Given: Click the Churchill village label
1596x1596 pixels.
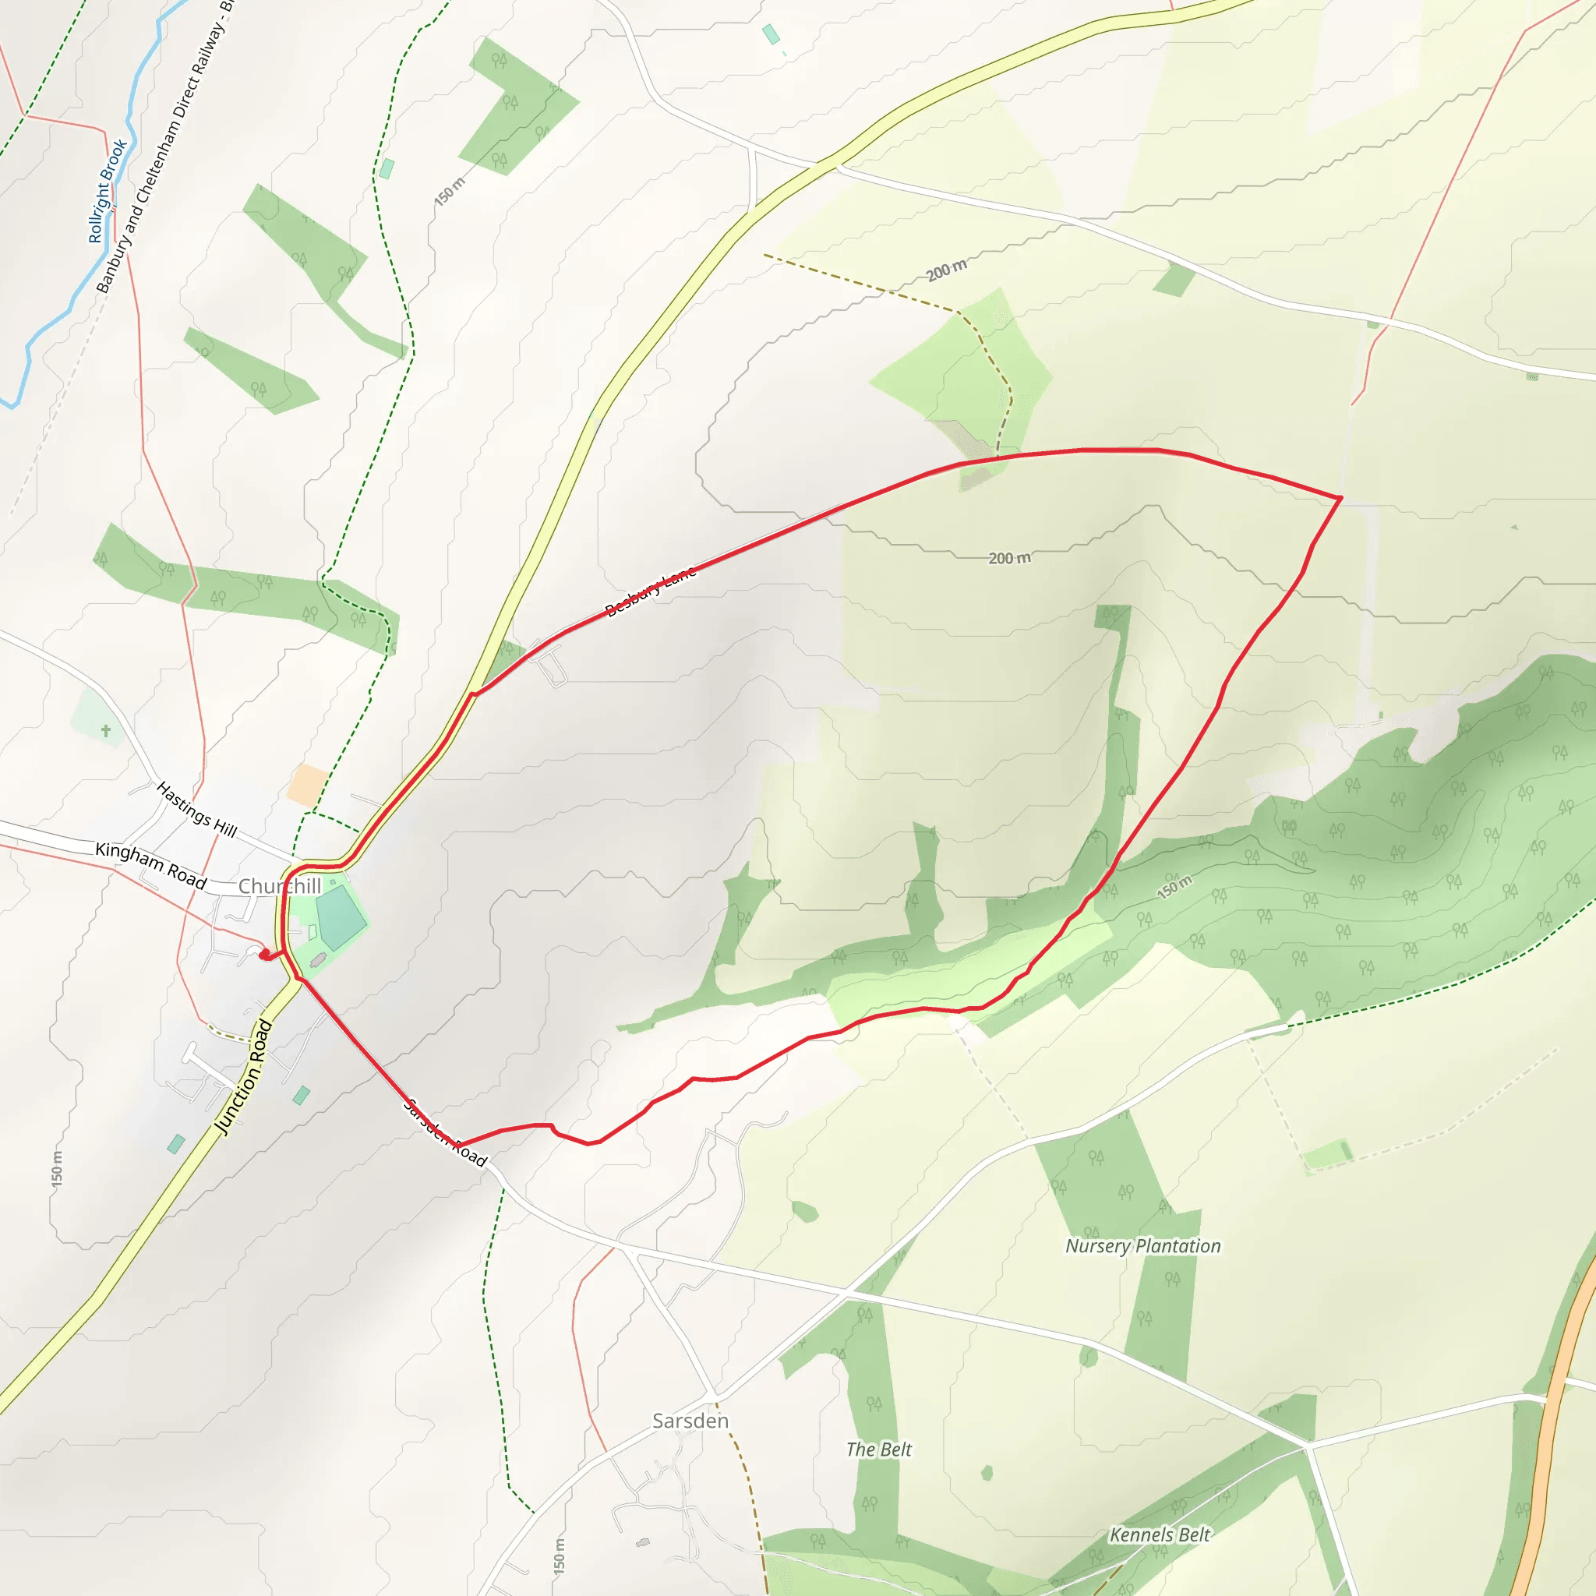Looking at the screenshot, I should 279,886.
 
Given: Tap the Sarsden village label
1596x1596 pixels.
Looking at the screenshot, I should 690,1421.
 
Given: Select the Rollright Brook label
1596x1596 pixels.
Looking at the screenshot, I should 108,192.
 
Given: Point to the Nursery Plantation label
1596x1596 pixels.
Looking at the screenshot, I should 1142,1247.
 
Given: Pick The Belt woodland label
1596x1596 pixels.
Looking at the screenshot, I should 879,1449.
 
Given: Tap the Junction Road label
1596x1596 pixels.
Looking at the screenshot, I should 243,1077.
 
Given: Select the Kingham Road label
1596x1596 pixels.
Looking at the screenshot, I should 150,866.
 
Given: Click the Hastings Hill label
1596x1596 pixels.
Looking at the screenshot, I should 196,810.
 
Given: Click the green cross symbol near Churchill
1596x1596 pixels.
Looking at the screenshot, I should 106,730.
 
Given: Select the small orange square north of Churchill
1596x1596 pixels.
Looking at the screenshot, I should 307,785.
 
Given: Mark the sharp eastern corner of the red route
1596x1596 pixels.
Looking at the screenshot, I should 1340,498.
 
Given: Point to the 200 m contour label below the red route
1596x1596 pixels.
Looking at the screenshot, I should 1009,559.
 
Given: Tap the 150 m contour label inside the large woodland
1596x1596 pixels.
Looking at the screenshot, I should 1174,887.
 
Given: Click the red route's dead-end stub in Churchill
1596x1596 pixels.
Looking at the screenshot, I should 263,955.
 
